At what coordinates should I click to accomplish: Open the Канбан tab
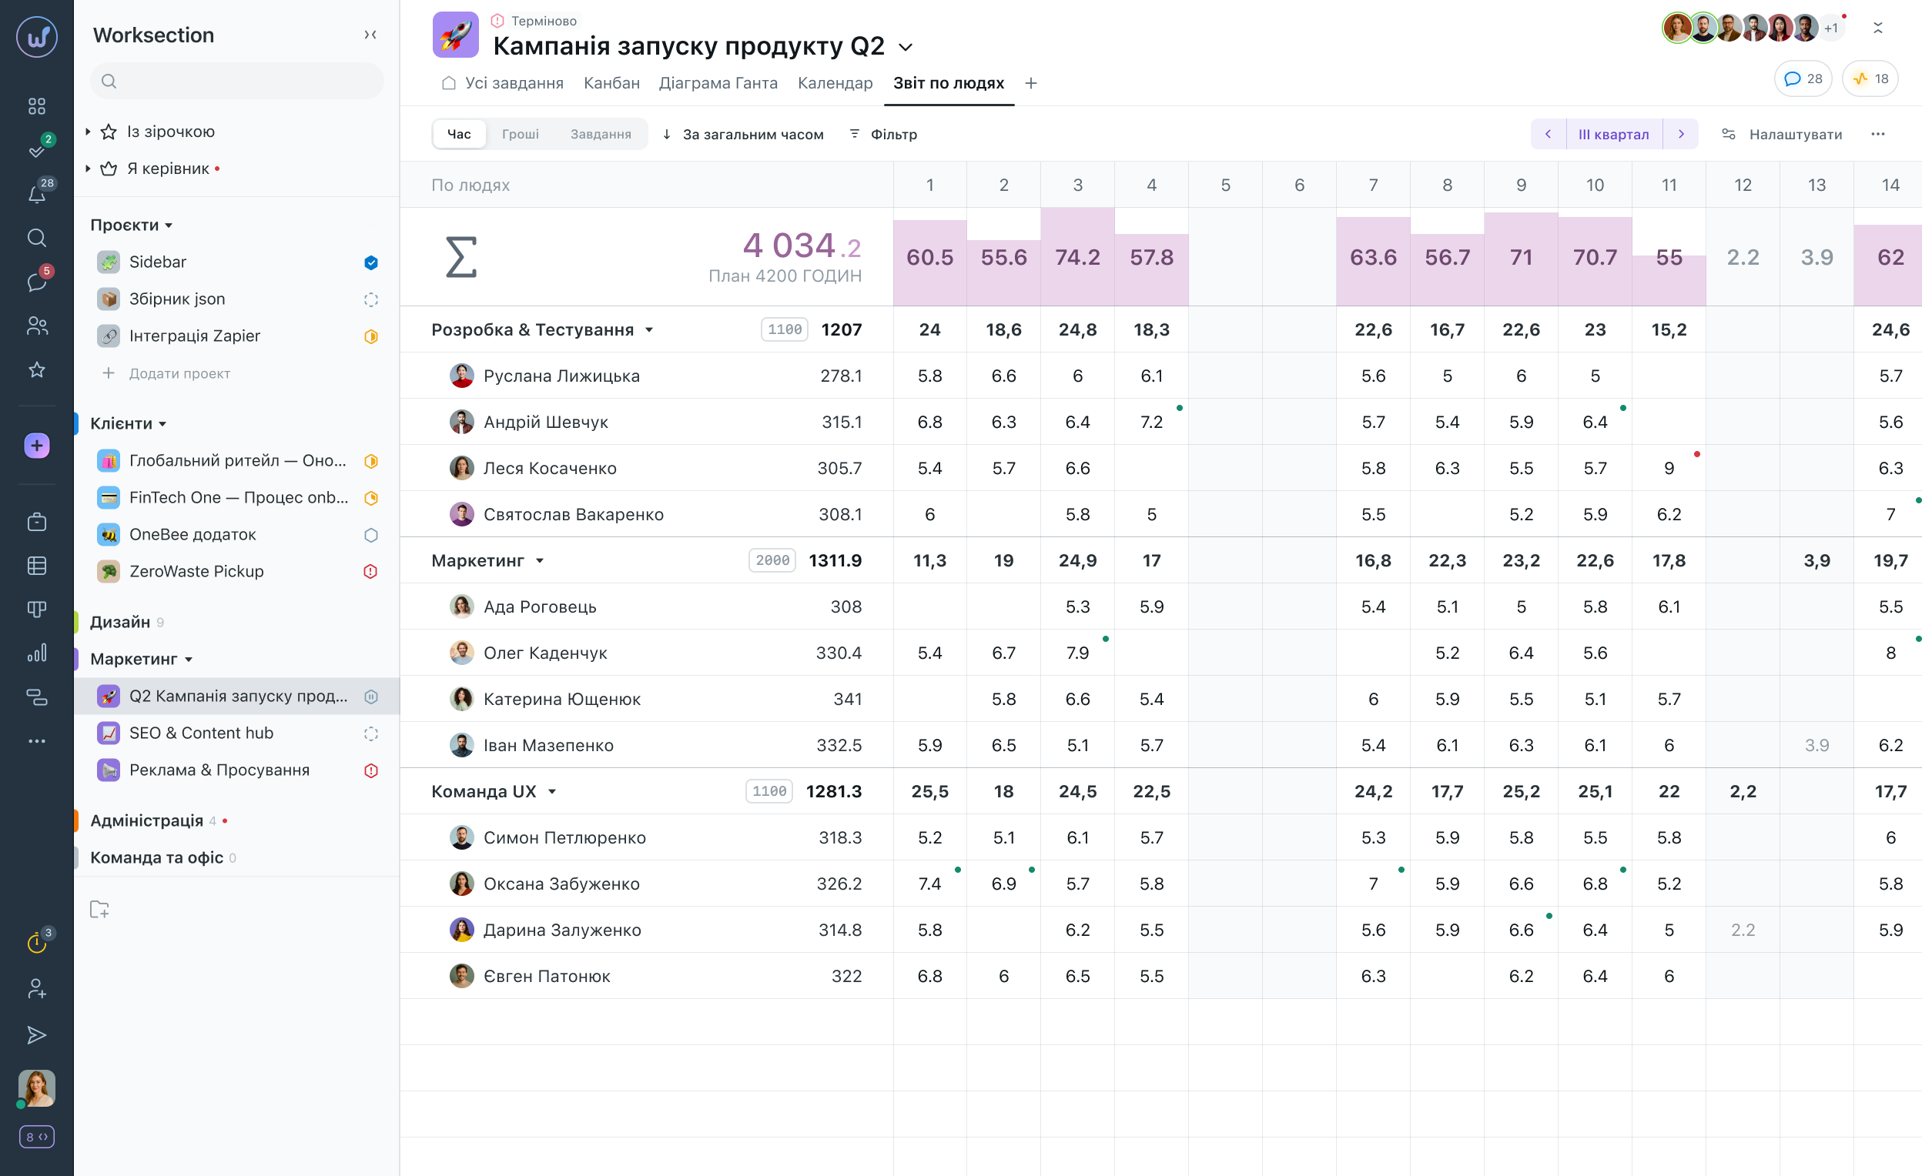611,83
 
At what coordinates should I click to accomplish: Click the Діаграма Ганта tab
718,83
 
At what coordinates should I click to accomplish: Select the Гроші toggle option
520,134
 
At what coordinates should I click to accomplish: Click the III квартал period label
1613,134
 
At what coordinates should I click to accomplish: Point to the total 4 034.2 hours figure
801,246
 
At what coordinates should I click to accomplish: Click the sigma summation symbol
460,257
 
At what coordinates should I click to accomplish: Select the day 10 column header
1595,185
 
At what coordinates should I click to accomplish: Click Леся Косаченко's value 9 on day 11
1669,468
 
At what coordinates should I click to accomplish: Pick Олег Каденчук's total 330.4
839,653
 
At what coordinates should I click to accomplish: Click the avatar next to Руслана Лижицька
461,376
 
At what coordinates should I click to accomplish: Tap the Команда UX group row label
484,791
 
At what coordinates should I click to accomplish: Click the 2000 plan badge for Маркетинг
772,561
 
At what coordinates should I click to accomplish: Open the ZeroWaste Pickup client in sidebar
196,572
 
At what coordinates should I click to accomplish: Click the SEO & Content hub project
201,733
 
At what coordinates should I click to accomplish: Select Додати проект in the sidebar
179,373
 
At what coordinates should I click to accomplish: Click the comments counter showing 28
1803,79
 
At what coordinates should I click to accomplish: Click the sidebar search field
237,81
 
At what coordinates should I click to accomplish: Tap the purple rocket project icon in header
456,35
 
